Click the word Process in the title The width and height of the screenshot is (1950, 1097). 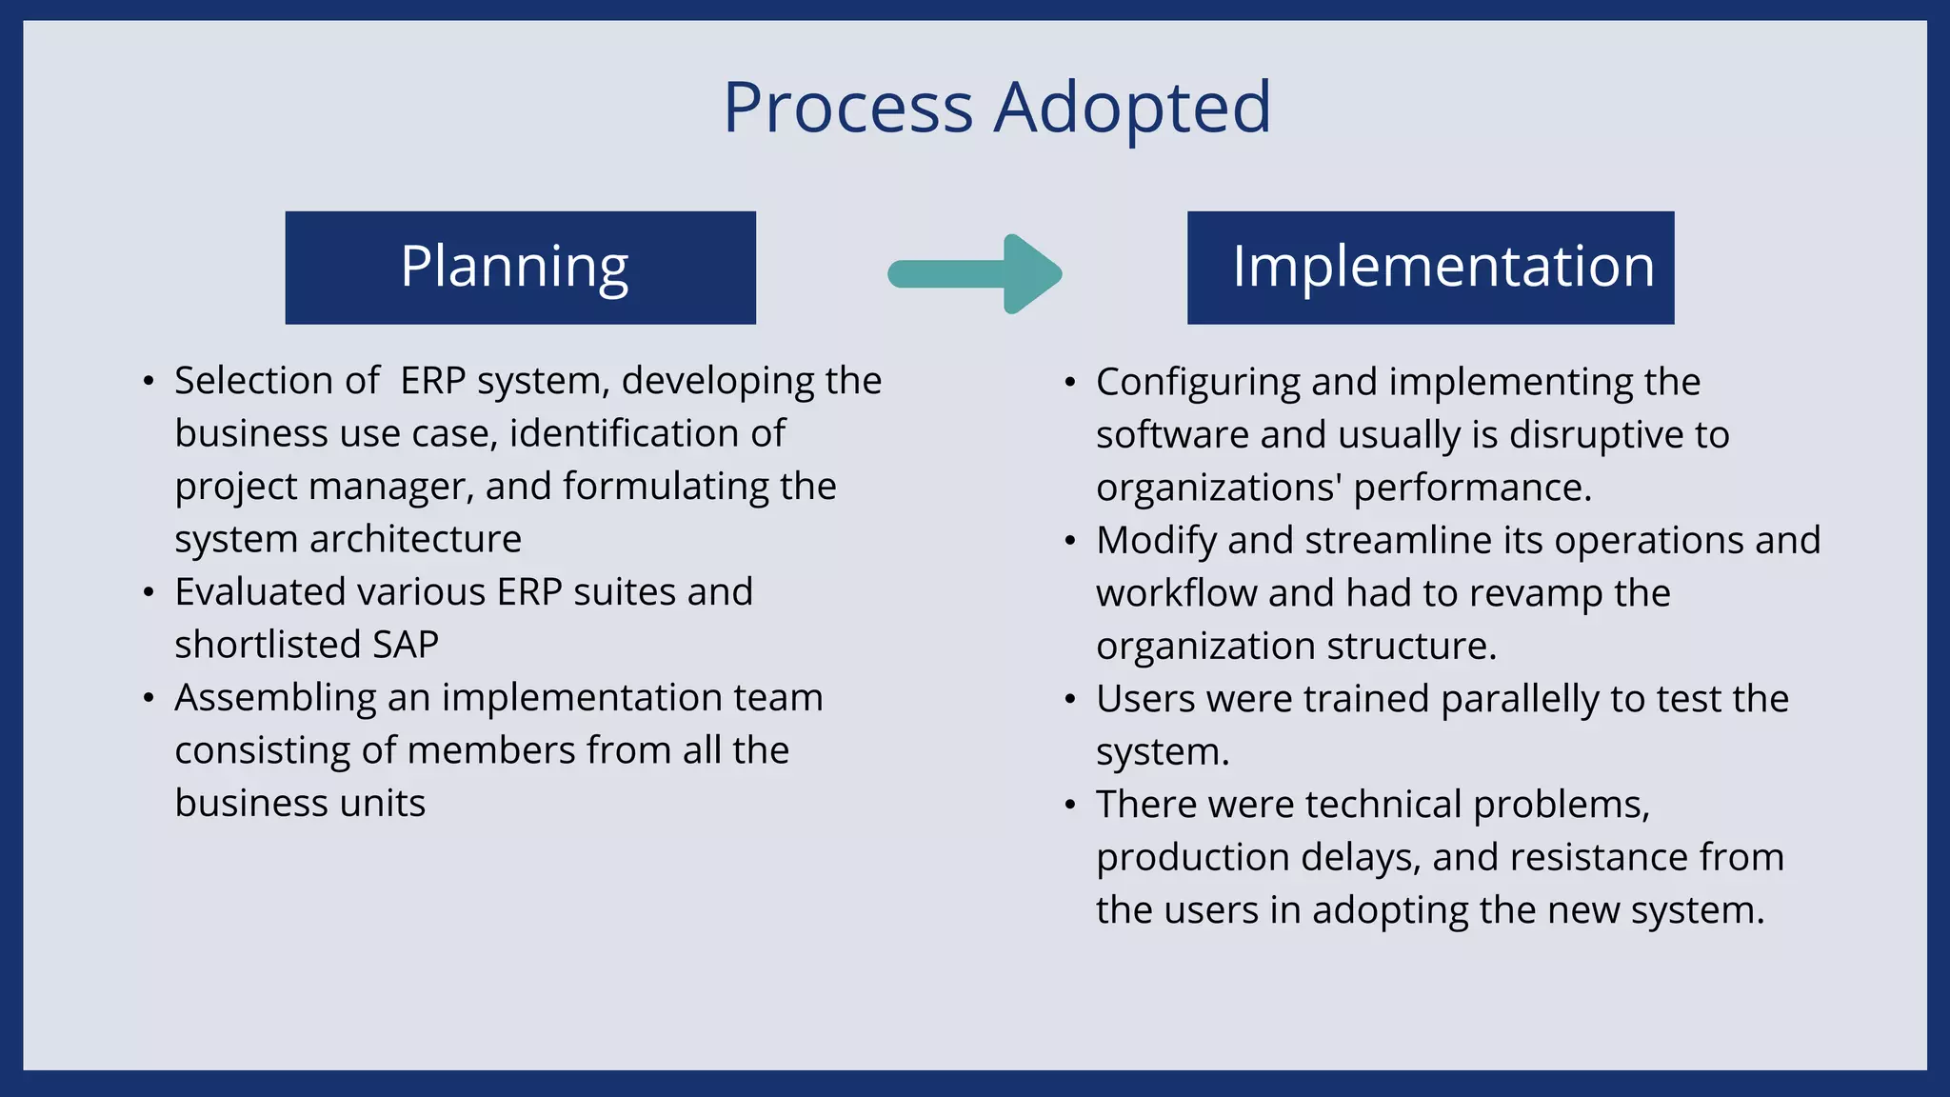click(x=847, y=107)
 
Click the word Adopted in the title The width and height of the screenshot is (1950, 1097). click(x=1132, y=107)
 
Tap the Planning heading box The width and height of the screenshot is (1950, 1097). click(x=520, y=268)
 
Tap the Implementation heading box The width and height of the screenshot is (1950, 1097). click(x=1430, y=268)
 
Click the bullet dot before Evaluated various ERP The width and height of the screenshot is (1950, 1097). click(x=148, y=593)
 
